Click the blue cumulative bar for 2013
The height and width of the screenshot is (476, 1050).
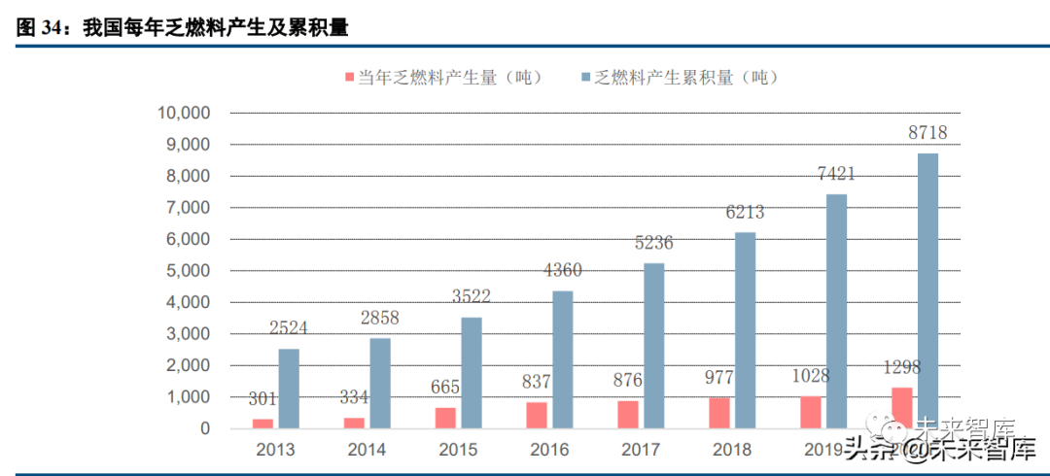coord(289,389)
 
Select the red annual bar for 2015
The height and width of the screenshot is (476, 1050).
coord(444,418)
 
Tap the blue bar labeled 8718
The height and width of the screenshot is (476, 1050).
coord(927,291)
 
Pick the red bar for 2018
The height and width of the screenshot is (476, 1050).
coord(718,413)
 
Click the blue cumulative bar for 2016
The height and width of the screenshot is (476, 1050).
coord(562,359)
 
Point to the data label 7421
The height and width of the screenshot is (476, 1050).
coord(836,175)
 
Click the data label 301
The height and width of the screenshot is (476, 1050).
coord(262,398)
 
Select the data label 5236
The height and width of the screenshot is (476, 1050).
coord(653,243)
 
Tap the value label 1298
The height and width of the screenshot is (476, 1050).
coord(901,367)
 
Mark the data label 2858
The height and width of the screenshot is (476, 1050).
coord(379,318)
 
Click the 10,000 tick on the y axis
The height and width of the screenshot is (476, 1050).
coord(184,113)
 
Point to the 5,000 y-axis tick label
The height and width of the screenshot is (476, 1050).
coord(188,271)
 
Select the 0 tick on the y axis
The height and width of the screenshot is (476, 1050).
coord(206,428)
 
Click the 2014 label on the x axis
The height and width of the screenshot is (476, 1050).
coord(366,451)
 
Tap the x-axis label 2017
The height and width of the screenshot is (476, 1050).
coord(640,451)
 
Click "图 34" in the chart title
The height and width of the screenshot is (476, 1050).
coord(39,29)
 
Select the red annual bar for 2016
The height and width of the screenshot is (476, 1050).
coord(536,415)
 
